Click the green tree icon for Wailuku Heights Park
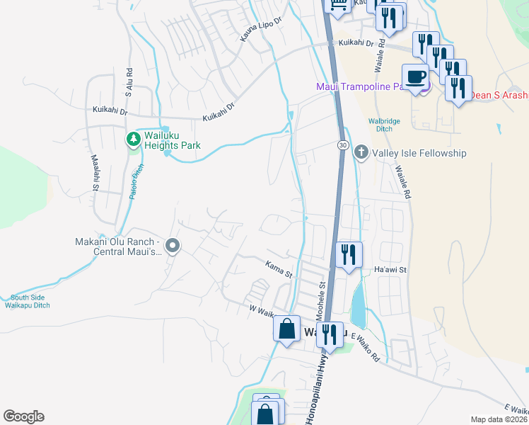[x=132, y=139]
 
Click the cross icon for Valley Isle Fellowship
[x=361, y=152]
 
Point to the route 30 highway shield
[x=342, y=144]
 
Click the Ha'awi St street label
[x=390, y=270]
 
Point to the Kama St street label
[x=279, y=271]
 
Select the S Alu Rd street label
[x=129, y=82]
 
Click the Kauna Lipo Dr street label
[x=260, y=28]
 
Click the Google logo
[x=23, y=416]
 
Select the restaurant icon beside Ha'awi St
[x=348, y=254]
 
